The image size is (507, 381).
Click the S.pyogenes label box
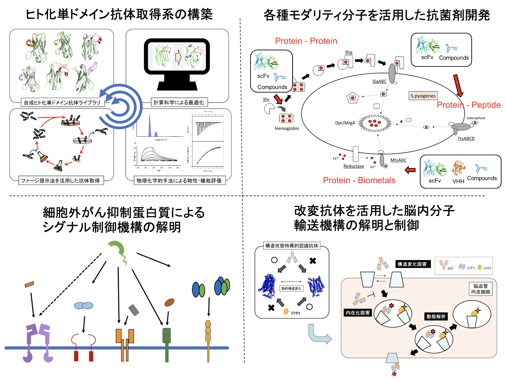click(423, 96)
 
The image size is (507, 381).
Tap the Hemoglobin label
click(287, 129)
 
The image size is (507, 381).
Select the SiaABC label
click(379, 81)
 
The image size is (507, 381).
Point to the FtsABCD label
click(466, 138)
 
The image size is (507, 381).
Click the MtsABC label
click(398, 160)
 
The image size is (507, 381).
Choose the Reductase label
click(353, 166)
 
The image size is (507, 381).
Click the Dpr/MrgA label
click(345, 123)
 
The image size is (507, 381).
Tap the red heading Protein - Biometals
click(359, 180)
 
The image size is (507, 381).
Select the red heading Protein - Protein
click(306, 41)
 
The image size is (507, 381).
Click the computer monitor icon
click(177, 64)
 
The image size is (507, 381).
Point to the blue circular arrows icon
click(120, 106)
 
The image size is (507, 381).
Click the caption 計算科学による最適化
click(179, 103)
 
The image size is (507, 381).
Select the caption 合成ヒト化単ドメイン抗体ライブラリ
click(62, 103)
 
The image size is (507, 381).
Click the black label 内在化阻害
click(358, 313)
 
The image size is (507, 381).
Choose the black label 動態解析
click(436, 317)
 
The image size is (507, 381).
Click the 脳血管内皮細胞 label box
click(480, 289)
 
